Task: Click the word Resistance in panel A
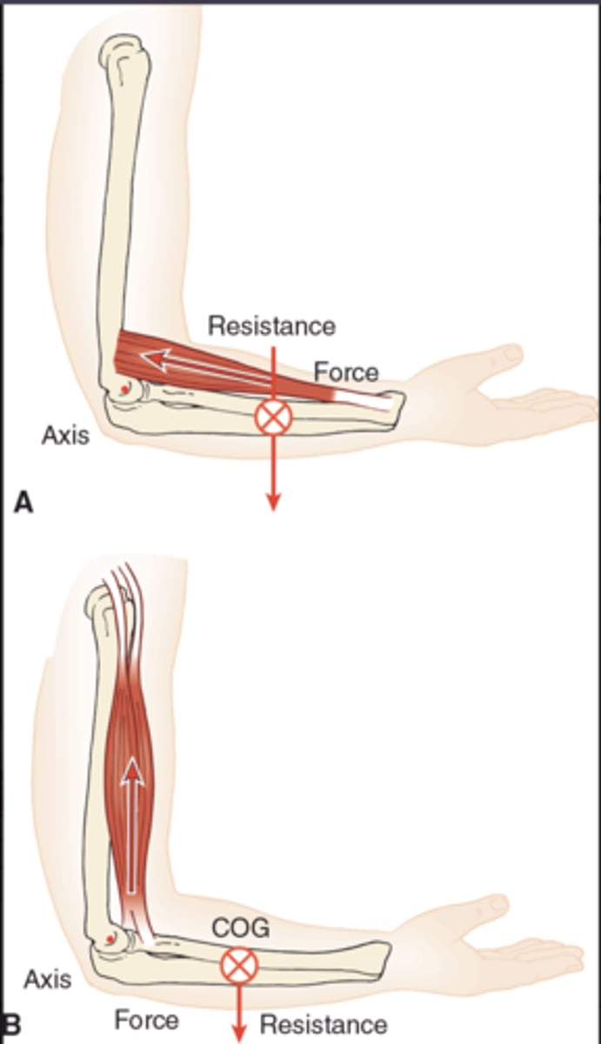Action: click(x=271, y=326)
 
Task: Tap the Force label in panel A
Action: click(x=346, y=373)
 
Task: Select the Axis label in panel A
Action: click(x=65, y=435)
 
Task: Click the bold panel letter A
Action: click(x=23, y=503)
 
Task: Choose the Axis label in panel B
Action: click(x=47, y=980)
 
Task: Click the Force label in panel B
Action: click(x=146, y=1020)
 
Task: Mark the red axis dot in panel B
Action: click(x=110, y=939)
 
